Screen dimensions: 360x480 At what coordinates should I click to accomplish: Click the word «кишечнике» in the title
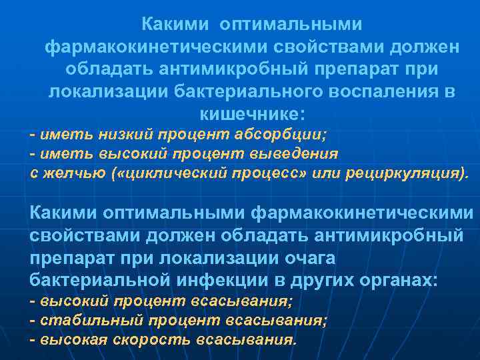tap(250, 111)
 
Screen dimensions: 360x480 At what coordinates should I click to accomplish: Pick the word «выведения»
tap(301, 154)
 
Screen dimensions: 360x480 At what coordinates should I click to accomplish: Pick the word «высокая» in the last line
tap(69, 339)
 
